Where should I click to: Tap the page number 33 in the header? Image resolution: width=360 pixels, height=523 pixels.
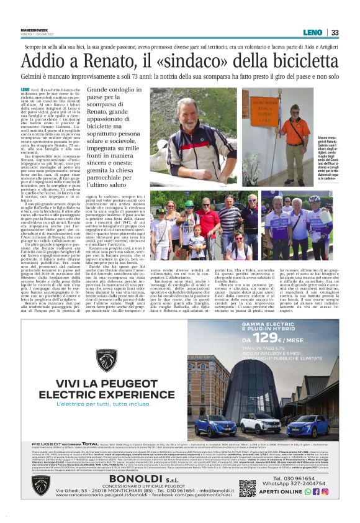coord(335,32)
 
